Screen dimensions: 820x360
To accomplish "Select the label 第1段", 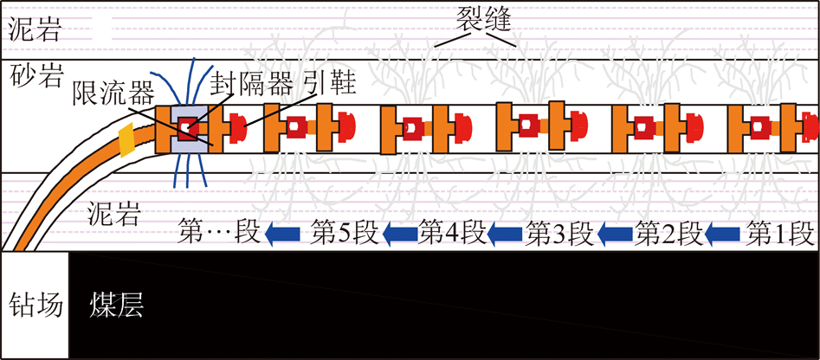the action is pyautogui.click(x=779, y=234).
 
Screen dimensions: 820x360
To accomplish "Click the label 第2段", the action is pyautogui.click(x=668, y=234).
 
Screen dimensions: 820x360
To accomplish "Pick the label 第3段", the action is pyautogui.click(x=559, y=234).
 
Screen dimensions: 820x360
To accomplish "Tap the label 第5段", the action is pyautogui.click(x=344, y=234).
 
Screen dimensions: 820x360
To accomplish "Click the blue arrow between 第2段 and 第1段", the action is pyautogui.click(x=723, y=234).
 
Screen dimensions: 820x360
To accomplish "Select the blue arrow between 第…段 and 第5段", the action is pyautogui.click(x=282, y=234).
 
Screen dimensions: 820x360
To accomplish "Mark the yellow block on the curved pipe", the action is pyautogui.click(x=127, y=140).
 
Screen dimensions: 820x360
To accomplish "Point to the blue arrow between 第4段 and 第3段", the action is pyautogui.click(x=505, y=234).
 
